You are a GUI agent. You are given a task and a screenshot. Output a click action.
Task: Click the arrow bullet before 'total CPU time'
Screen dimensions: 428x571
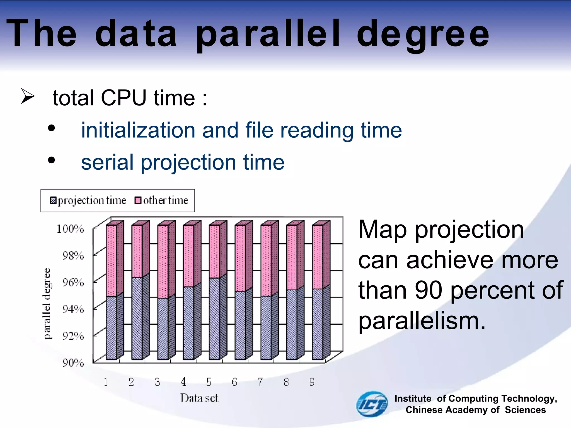pyautogui.click(x=27, y=96)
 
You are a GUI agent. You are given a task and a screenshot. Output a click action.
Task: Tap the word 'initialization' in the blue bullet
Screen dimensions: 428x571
pyautogui.click(x=138, y=130)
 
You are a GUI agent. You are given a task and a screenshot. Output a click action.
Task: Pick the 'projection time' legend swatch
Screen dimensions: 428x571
pyautogui.click(x=53, y=200)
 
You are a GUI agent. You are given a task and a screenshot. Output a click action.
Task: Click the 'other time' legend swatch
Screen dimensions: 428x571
pyautogui.click(x=138, y=200)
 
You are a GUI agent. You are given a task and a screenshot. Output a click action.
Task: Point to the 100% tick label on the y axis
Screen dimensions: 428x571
pyautogui.click(x=70, y=229)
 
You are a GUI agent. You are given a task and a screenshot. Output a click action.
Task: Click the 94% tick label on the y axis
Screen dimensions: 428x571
pyautogui.click(x=73, y=309)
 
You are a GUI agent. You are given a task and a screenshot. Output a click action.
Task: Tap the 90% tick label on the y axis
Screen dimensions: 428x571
pyautogui.click(x=73, y=363)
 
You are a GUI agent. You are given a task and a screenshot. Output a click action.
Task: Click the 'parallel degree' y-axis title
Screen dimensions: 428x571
pyautogui.click(x=47, y=304)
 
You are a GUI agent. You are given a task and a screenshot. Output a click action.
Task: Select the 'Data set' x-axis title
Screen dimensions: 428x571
pyautogui.click(x=199, y=398)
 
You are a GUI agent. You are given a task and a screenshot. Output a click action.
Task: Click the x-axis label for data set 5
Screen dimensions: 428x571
pyautogui.click(x=209, y=382)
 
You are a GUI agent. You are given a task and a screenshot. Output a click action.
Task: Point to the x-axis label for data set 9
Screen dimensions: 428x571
pyautogui.click(x=312, y=382)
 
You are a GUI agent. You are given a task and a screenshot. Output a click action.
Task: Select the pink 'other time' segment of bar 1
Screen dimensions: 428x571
pyautogui.click(x=111, y=261)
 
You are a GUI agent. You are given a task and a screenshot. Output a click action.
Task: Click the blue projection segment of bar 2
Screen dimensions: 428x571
pyautogui.click(x=137, y=318)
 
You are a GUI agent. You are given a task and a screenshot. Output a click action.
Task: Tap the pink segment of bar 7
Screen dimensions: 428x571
pyautogui.click(x=266, y=261)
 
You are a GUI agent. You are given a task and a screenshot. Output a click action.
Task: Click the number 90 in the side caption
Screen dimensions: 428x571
pyautogui.click(x=429, y=290)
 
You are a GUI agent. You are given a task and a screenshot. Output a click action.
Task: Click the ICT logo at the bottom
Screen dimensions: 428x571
pyautogui.click(x=372, y=404)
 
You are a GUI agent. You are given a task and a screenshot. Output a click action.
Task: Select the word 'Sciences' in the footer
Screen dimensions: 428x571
pyautogui.click(x=525, y=410)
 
